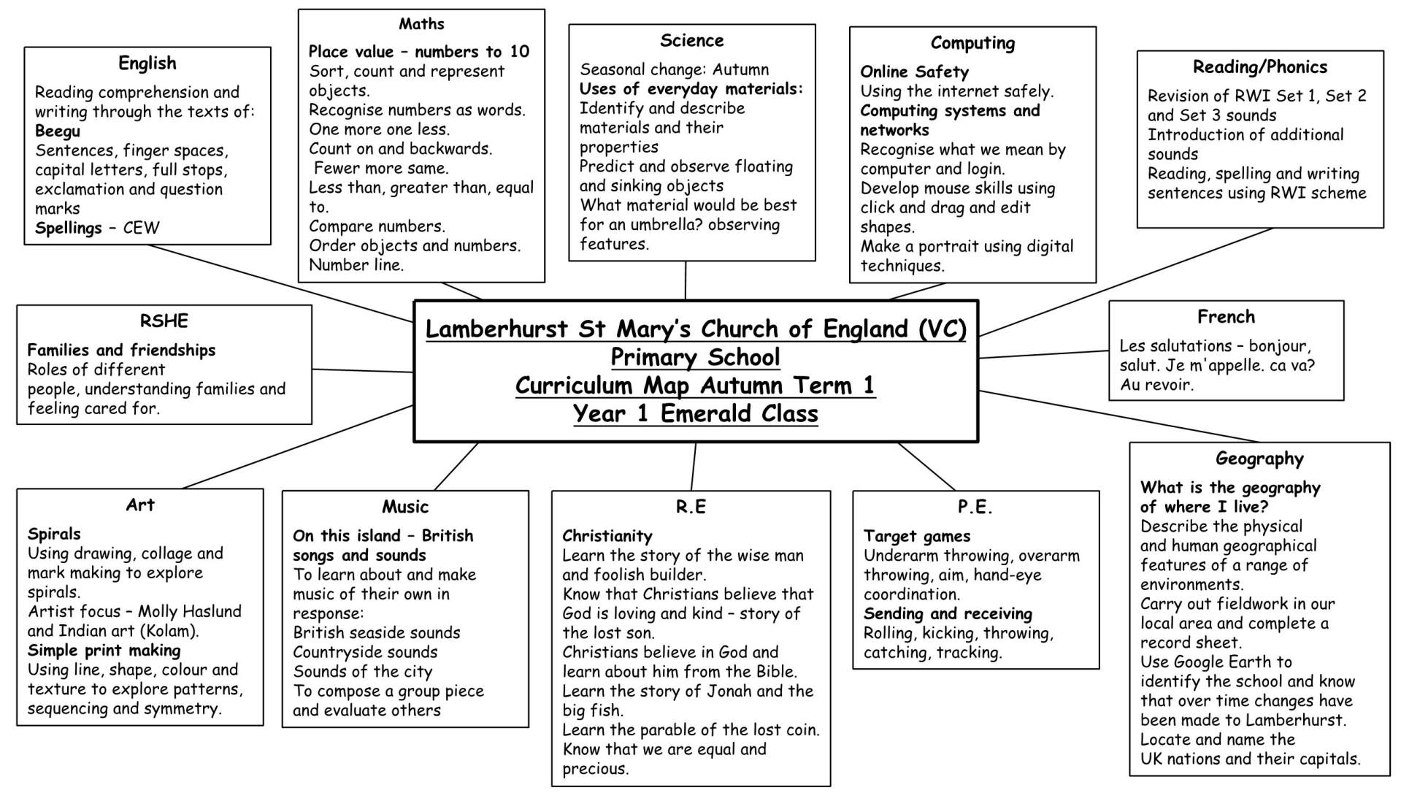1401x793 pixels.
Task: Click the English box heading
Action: coord(147,64)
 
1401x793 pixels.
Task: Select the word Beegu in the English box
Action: coord(58,131)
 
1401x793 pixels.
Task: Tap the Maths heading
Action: coord(421,24)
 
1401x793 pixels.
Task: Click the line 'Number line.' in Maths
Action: coord(356,265)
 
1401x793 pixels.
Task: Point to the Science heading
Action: coord(691,41)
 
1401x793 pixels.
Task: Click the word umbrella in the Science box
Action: coord(663,225)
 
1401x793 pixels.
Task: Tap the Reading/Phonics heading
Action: coord(1259,67)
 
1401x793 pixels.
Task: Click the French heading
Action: coord(1226,317)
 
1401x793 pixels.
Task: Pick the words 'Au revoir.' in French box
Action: coord(1156,385)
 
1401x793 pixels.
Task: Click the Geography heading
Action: coord(1259,459)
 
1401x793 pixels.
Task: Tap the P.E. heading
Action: coord(975,507)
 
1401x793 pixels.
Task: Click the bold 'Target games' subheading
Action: coord(917,537)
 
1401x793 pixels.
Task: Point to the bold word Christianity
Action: coord(607,536)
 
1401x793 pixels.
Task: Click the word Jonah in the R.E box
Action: coord(730,692)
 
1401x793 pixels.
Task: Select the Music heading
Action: coord(405,507)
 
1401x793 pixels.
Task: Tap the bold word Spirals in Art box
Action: coord(54,534)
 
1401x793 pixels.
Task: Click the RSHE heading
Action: coord(164,321)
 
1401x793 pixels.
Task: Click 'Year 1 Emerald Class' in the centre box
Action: coord(695,414)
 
